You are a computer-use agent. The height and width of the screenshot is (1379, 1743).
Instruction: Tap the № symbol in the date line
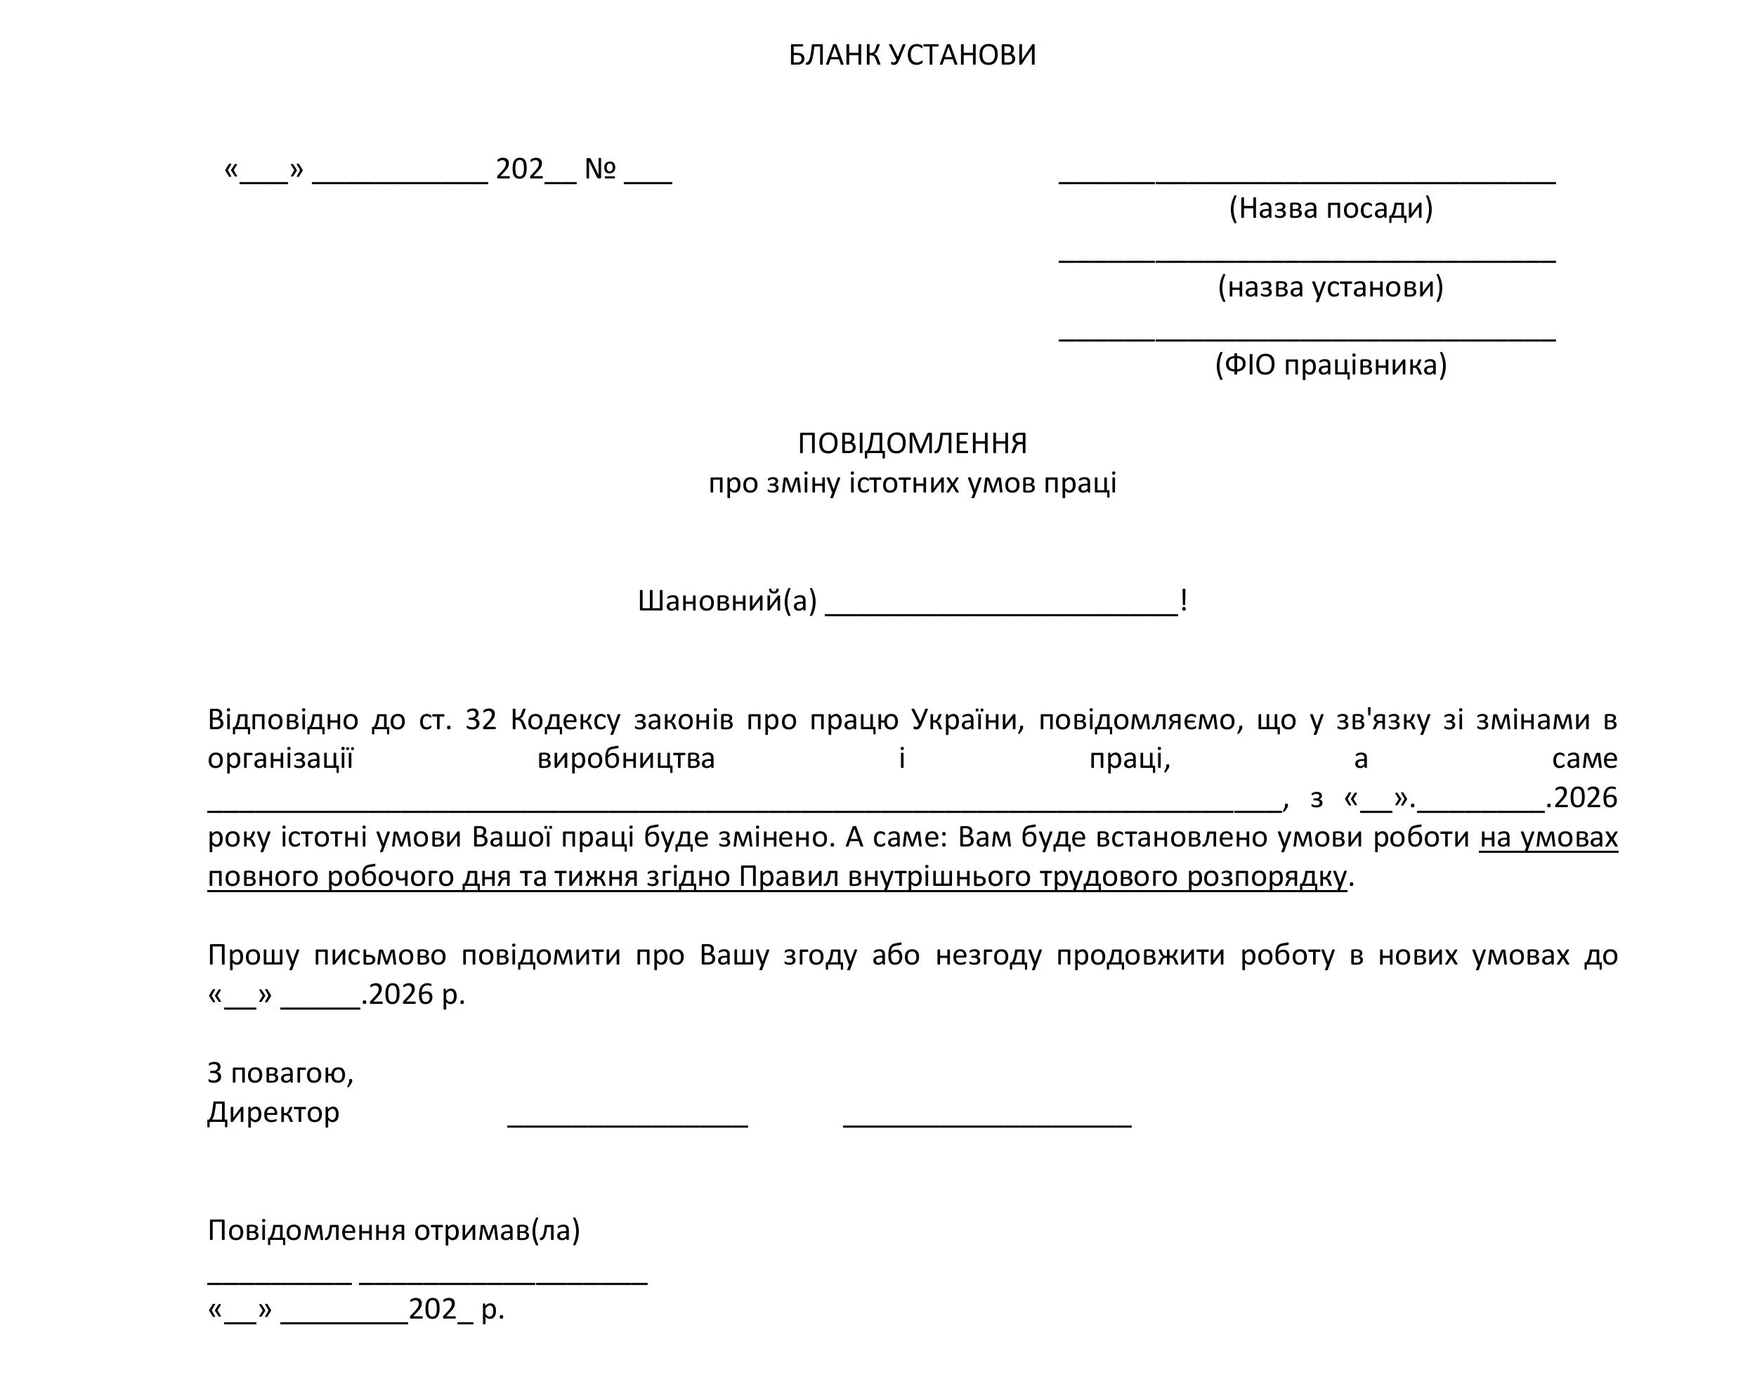tap(600, 169)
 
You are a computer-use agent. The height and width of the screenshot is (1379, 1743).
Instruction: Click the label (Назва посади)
tap(1331, 209)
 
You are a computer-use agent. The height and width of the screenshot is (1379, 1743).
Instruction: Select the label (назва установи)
tap(1331, 287)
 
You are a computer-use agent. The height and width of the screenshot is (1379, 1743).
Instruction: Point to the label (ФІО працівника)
tap(1331, 365)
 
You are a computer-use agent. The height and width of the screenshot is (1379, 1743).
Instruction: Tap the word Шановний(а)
tap(726, 601)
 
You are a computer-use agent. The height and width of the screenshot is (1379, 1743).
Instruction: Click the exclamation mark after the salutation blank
tap(1184, 601)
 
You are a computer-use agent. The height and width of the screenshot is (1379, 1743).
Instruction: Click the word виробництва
tap(626, 758)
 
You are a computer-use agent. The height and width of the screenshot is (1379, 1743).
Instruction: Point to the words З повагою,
tap(280, 1073)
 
